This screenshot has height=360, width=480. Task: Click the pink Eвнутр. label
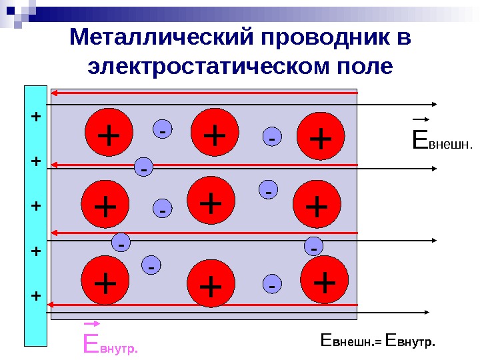click(x=111, y=345)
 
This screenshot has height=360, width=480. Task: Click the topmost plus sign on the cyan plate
click(x=36, y=117)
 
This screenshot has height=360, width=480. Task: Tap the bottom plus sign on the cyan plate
click(x=36, y=295)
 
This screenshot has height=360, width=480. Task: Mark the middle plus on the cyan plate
click(x=36, y=206)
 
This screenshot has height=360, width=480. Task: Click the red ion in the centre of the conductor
click(x=211, y=202)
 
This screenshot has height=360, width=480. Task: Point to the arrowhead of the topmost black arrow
click(x=434, y=104)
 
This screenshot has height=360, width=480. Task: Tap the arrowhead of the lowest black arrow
click(x=434, y=312)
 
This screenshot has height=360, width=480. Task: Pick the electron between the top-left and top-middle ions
click(x=163, y=130)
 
